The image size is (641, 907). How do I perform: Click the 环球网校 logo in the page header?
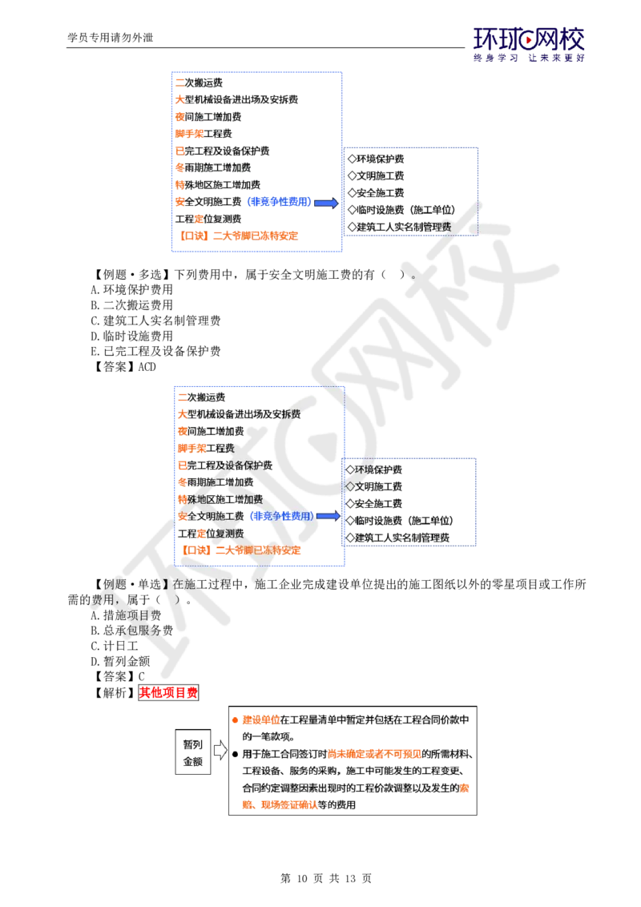[x=529, y=44]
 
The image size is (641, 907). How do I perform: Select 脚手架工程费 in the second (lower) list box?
[x=205, y=448]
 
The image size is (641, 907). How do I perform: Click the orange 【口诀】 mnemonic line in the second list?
[x=241, y=550]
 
